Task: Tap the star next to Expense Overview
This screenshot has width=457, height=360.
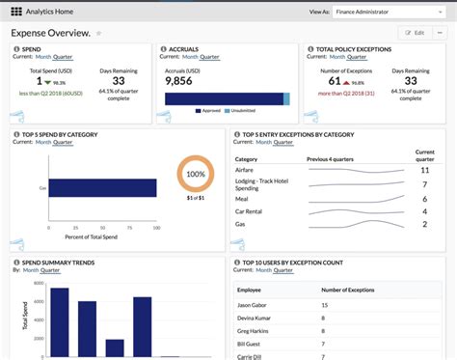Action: pyautogui.click(x=98, y=33)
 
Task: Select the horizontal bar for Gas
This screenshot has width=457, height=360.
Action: pyautogui.click(x=103, y=188)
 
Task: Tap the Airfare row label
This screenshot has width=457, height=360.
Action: pyautogui.click(x=247, y=170)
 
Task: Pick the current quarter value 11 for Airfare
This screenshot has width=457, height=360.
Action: pyautogui.click(x=424, y=170)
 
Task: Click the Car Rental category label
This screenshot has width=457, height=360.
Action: pyautogui.click(x=251, y=210)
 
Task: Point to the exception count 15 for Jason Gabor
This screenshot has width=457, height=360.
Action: pyautogui.click(x=324, y=305)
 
